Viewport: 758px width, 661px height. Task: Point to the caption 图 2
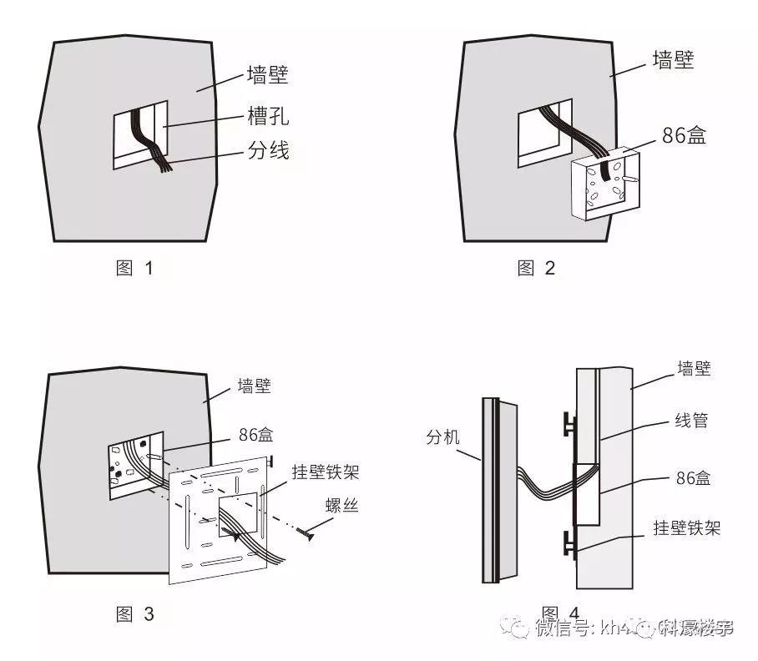(537, 269)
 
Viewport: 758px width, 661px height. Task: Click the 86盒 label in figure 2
(682, 135)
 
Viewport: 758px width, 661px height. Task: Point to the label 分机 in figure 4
(443, 436)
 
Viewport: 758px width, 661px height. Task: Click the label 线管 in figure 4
(691, 421)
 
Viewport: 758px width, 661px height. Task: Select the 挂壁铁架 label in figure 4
(686, 527)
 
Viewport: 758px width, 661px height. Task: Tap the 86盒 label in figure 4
(691, 479)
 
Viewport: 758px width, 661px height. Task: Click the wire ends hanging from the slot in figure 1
(164, 168)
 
